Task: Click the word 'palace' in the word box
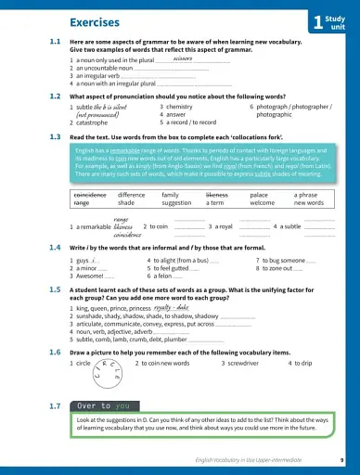259,195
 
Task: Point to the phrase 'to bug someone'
282,261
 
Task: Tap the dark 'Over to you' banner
103,405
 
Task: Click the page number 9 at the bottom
341,460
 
